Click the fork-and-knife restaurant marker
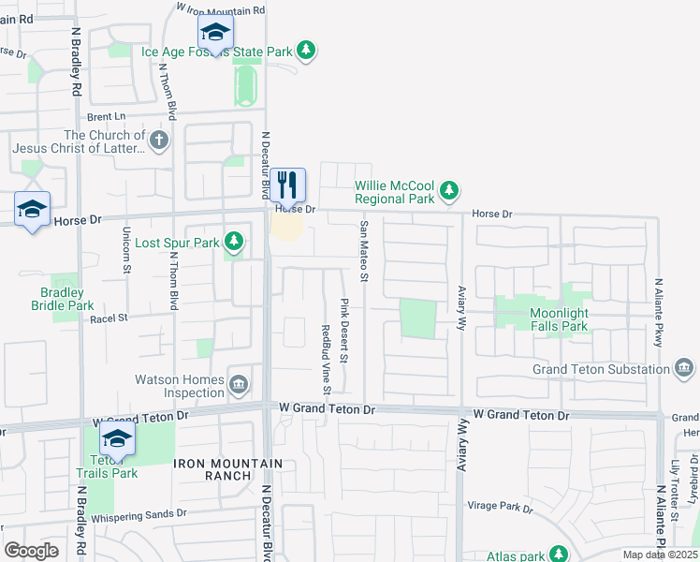(x=288, y=185)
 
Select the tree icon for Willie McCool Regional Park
(x=450, y=191)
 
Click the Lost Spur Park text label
(x=177, y=243)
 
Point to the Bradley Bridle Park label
(x=63, y=299)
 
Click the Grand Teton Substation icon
(x=685, y=368)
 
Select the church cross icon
(x=159, y=141)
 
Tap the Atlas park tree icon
(x=559, y=555)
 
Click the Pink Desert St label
(x=344, y=331)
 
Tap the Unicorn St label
(x=126, y=251)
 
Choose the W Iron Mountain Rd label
(x=222, y=9)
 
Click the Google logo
(x=31, y=550)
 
